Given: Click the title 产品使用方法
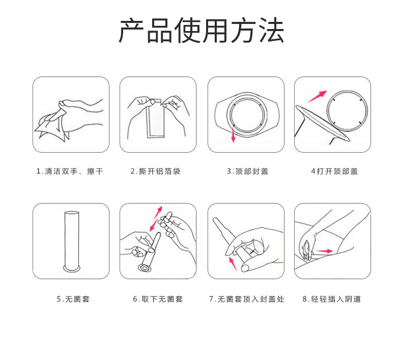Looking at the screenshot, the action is pos(201,31).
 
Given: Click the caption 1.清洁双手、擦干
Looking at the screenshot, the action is pos(70,171).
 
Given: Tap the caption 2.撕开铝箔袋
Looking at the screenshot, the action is pos(156,171).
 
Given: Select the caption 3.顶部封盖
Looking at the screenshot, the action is pos(247,171).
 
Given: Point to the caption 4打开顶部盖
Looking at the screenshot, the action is pos(334,171).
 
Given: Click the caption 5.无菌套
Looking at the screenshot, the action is pos(73,299).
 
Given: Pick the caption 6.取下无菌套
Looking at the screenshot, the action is pos(158,299).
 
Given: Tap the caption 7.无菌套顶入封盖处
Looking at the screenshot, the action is pos(247,299).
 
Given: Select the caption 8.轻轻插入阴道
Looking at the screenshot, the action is pos(332,299).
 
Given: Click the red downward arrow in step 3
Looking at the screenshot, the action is pos(233,135).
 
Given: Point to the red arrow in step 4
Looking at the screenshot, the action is pos(317,96).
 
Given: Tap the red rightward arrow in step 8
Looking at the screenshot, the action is pos(325,251).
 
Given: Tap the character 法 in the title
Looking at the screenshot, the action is pos(271,31).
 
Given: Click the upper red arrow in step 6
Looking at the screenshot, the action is pos(158,212).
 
